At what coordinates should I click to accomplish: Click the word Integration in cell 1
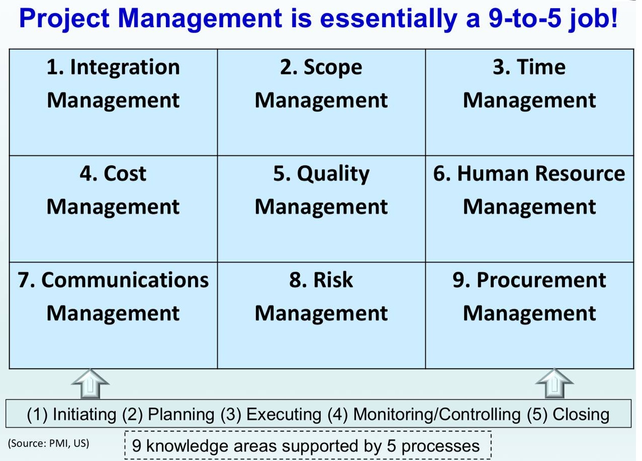[125, 68]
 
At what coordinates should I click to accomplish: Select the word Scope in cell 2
[333, 68]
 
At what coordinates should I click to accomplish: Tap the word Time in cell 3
[541, 67]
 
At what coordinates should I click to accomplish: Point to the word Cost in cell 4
[125, 173]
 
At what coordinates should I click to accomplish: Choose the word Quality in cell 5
[333, 174]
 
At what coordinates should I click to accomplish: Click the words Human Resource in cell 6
[541, 173]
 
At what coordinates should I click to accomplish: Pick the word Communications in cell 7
[125, 280]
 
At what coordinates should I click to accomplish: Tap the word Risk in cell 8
[333, 280]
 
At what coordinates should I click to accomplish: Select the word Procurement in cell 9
[541, 280]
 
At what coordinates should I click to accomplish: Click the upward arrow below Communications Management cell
[90, 384]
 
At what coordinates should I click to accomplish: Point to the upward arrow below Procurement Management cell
[555, 383]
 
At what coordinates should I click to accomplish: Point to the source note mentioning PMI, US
[48, 443]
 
